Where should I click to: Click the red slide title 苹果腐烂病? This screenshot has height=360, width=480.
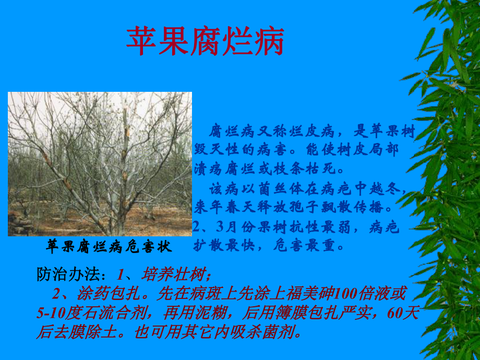(206, 42)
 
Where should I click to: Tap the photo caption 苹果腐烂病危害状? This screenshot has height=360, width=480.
(109, 246)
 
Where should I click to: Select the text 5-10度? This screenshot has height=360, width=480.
(56, 313)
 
